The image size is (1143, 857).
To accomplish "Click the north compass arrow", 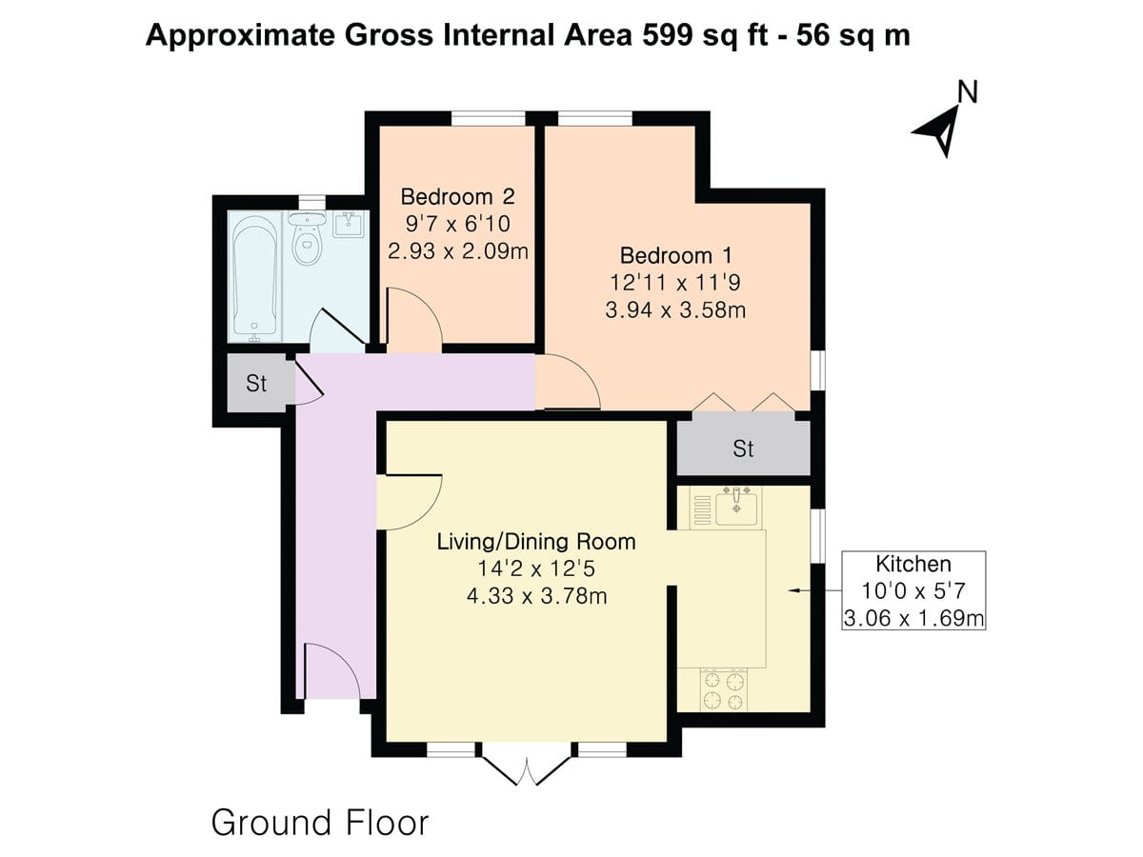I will tap(937, 131).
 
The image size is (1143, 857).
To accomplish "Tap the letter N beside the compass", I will tap(968, 91).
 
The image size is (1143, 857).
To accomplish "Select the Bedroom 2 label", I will tap(457, 197).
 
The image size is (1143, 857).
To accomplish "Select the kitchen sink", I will tap(735, 507).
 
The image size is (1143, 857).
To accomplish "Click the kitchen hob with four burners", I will tap(723, 690).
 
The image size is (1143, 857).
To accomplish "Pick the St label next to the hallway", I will tap(256, 384).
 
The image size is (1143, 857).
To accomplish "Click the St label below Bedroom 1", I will tap(743, 448).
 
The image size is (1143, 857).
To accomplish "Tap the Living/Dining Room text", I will tap(535, 542).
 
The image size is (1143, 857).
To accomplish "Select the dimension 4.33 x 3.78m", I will tap(535, 597).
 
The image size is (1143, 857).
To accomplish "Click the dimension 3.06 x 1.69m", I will tap(913, 619).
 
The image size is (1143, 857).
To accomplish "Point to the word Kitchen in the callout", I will tap(913, 563).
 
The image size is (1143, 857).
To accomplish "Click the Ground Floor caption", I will tap(320, 822).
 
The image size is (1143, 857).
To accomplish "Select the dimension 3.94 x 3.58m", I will tap(675, 310).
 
